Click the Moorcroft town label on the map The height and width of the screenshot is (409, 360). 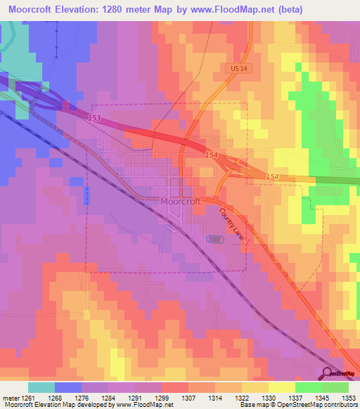(181, 201)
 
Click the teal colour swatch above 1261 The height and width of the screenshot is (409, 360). (41, 387)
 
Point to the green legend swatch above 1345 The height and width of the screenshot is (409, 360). (308, 387)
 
